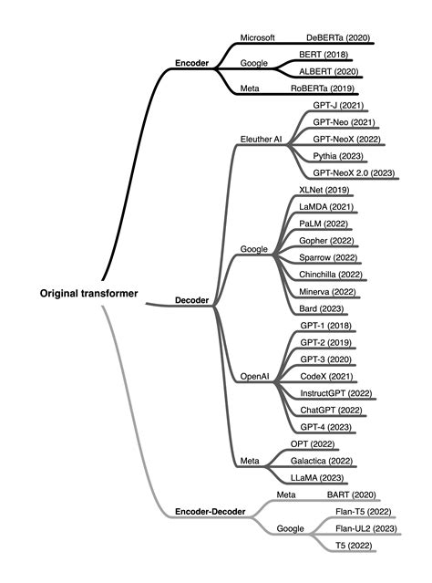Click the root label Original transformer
[x=88, y=294]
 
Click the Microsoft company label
[x=257, y=37]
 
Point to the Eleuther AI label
[x=261, y=140]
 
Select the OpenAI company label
[x=255, y=376]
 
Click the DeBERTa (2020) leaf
[x=336, y=37]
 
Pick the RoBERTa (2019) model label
[x=323, y=88]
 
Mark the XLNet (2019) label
[x=324, y=190]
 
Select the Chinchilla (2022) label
[x=331, y=274]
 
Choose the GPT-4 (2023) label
[x=325, y=427]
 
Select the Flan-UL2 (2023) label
[x=365, y=528]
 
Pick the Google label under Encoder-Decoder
[x=290, y=528]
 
